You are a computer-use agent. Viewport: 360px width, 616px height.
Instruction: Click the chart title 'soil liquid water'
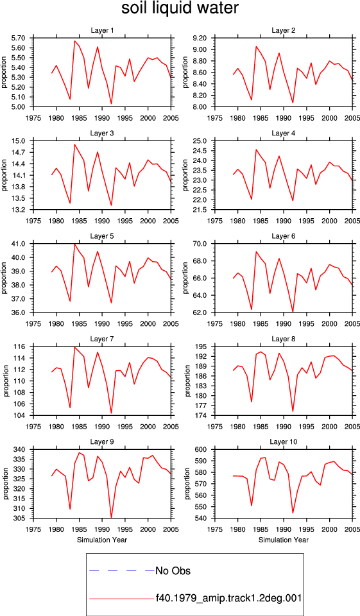[x=180, y=8]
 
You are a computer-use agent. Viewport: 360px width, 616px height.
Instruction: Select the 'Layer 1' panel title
[x=102, y=30]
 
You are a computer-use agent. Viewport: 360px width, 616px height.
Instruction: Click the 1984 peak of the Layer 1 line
[x=74, y=41]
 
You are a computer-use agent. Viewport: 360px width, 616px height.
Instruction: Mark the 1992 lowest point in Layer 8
[x=293, y=411]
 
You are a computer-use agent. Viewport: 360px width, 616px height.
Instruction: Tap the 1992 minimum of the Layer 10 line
[x=293, y=513]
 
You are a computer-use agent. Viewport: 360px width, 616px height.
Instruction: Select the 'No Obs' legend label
[x=173, y=570]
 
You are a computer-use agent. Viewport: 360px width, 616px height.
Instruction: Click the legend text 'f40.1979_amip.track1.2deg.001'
[x=228, y=598]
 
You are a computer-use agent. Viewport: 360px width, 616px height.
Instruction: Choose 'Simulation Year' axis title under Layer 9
[x=102, y=540]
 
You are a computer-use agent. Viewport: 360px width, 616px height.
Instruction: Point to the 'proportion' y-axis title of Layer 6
[x=186, y=278]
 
